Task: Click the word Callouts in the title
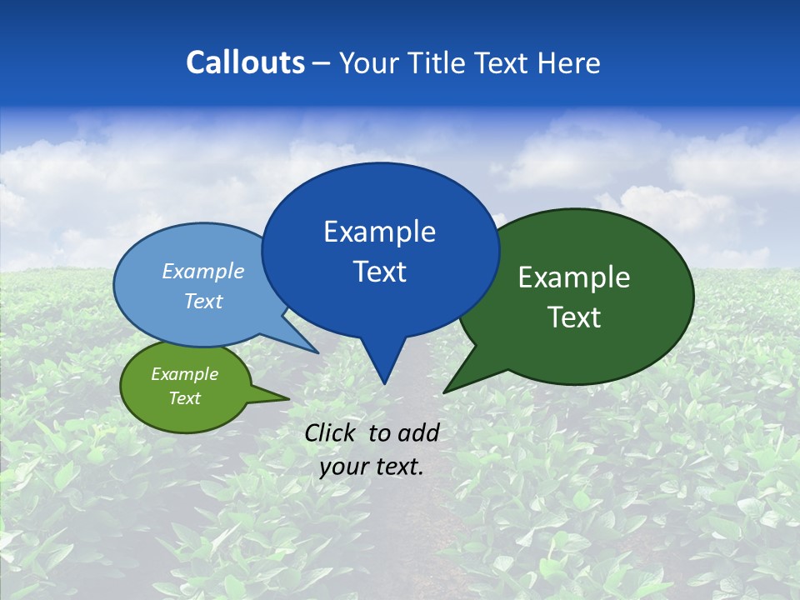coord(245,62)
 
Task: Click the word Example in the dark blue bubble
coord(380,232)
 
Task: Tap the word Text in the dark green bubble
coord(575,317)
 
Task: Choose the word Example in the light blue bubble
coord(203,272)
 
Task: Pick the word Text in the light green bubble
coord(185,398)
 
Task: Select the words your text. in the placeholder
coord(372,467)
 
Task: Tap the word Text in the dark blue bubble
coord(380,272)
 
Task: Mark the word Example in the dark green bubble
coord(574,277)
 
